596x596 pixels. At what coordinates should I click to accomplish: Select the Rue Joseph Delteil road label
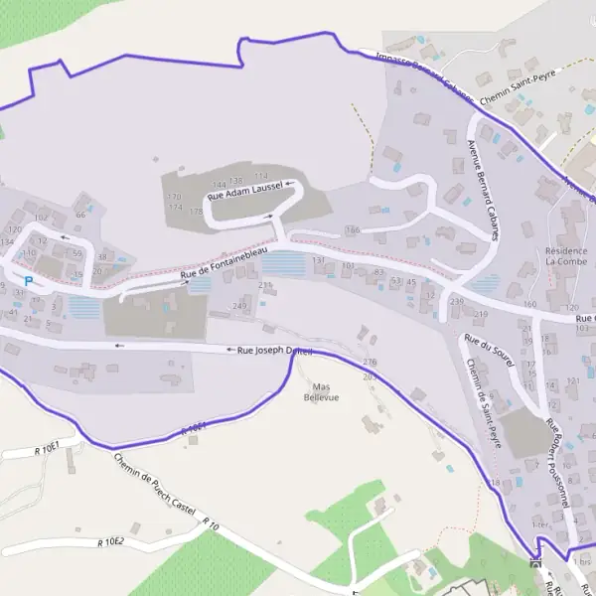click(275, 351)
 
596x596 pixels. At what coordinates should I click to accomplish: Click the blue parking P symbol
click(29, 282)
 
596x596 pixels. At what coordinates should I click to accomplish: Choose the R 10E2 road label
click(110, 541)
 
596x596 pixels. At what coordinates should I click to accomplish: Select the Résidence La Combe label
click(566, 257)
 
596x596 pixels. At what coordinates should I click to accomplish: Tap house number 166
click(352, 230)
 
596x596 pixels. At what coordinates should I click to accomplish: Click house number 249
click(239, 305)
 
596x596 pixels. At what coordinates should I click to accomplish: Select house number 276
click(371, 363)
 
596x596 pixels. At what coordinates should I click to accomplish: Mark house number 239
click(457, 300)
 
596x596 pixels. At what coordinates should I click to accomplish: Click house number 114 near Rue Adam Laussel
click(261, 177)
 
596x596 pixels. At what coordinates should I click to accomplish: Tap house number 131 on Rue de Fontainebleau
click(319, 260)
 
